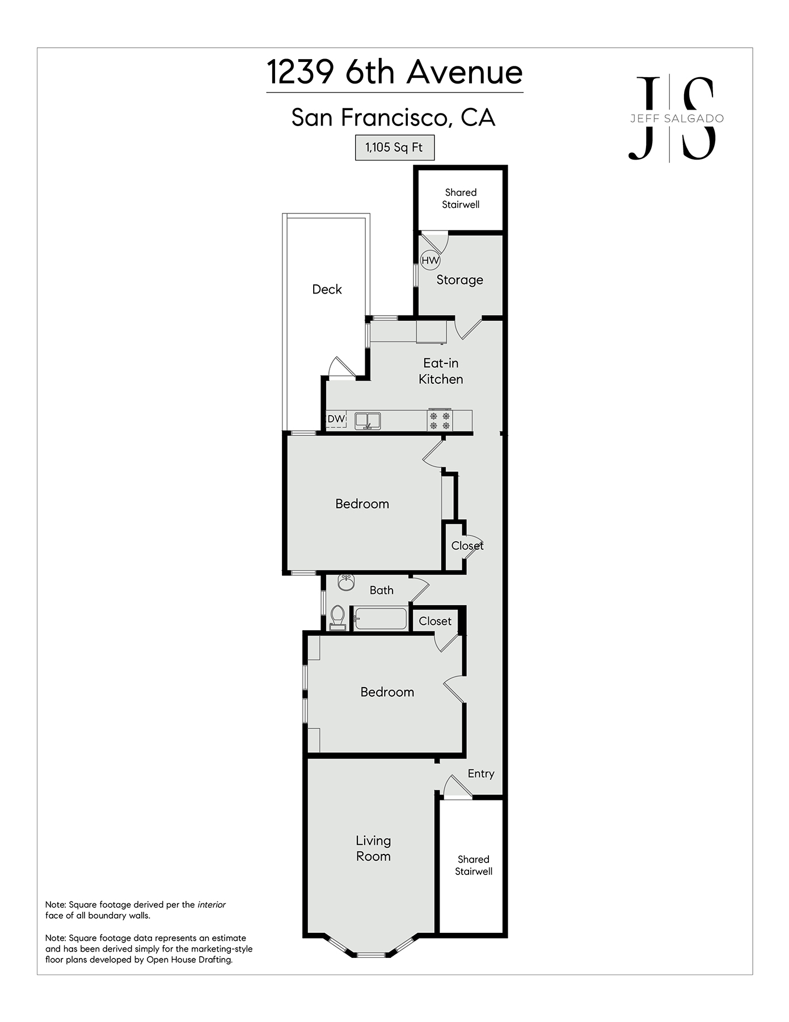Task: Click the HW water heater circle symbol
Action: click(431, 261)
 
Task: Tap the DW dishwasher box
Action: click(336, 419)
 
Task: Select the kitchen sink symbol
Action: click(368, 421)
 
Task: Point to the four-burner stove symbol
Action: click(440, 420)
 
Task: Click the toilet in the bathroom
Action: click(337, 618)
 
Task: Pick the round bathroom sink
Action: click(346, 583)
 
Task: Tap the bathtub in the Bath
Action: click(381, 619)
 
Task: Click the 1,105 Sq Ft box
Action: click(395, 148)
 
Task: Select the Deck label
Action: click(327, 289)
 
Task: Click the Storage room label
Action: click(459, 280)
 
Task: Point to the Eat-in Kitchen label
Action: click(441, 371)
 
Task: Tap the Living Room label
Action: click(373, 848)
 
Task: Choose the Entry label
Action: click(481, 774)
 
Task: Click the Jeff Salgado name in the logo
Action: click(677, 119)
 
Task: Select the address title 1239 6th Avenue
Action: click(395, 72)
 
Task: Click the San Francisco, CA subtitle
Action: click(394, 118)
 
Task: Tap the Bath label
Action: click(382, 590)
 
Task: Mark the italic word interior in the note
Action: click(212, 904)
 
